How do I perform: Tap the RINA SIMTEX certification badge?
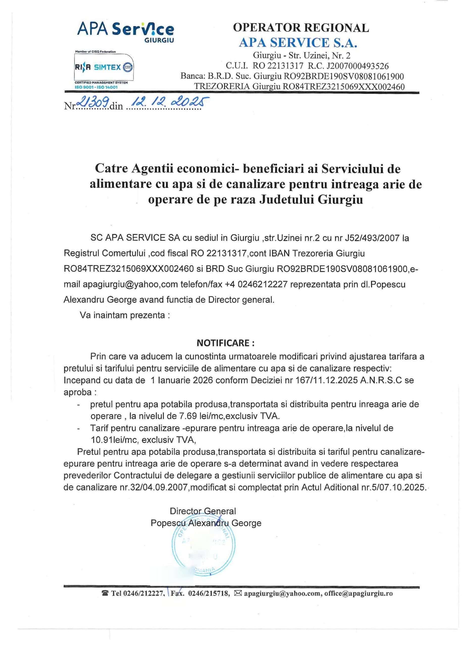click(x=104, y=68)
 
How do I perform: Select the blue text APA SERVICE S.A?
click(x=298, y=43)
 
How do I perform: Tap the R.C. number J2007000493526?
click(x=357, y=66)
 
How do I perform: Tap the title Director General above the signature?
click(x=203, y=511)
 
